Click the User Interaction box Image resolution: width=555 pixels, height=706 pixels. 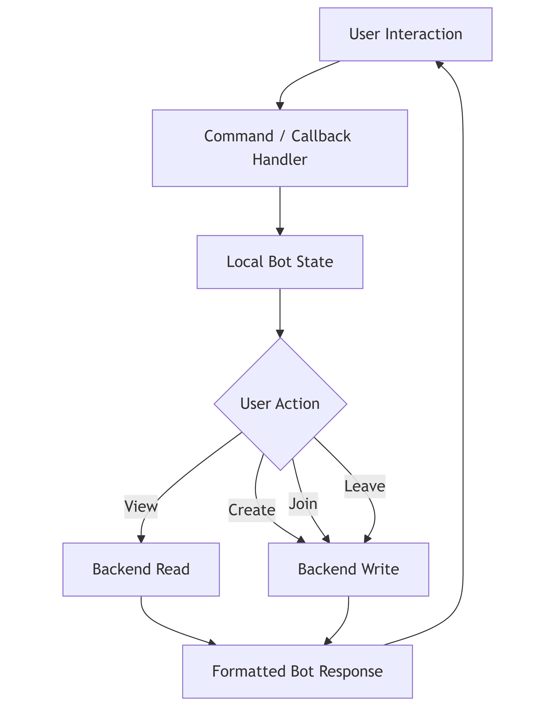406,34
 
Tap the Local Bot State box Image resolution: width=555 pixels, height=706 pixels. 280,262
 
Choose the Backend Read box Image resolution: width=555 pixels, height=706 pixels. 141,569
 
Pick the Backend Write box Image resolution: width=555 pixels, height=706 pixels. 348,569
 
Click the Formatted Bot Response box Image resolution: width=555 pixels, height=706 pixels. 297,672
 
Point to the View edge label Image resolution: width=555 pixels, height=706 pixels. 141,507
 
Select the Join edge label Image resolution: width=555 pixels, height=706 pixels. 303,504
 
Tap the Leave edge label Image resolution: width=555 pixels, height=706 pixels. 365,486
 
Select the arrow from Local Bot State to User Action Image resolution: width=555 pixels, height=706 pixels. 280,312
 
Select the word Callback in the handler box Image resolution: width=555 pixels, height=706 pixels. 321,136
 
